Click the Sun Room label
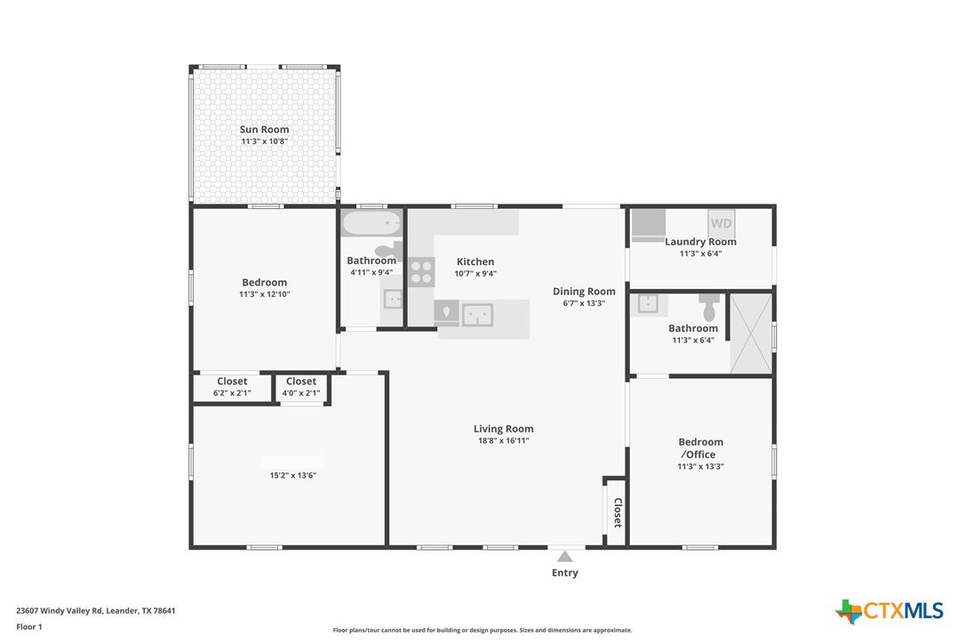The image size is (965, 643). click(x=264, y=129)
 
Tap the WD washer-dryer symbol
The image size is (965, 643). click(x=722, y=223)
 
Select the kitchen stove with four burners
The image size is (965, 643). click(x=421, y=272)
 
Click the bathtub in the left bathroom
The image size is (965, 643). click(x=371, y=223)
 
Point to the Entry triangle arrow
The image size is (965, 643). click(x=565, y=557)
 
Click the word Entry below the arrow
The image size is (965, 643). click(x=565, y=573)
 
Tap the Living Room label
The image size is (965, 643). click(x=504, y=429)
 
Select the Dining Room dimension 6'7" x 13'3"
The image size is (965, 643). click(x=584, y=303)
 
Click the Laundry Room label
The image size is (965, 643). click(x=700, y=241)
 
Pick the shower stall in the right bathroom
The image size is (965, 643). click(x=751, y=334)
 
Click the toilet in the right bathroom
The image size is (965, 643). click(x=710, y=308)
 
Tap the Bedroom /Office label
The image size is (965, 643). click(x=700, y=448)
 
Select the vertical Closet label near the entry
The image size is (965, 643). click(x=618, y=513)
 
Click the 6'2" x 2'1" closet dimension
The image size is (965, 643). click(x=232, y=393)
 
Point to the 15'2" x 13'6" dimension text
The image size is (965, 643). click(x=293, y=476)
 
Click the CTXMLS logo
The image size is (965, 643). click(x=889, y=611)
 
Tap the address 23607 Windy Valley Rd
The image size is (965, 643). click(x=59, y=611)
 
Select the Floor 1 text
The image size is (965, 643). click(x=29, y=627)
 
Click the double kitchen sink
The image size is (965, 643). click(x=477, y=315)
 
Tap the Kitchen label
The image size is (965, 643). click(x=475, y=261)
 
